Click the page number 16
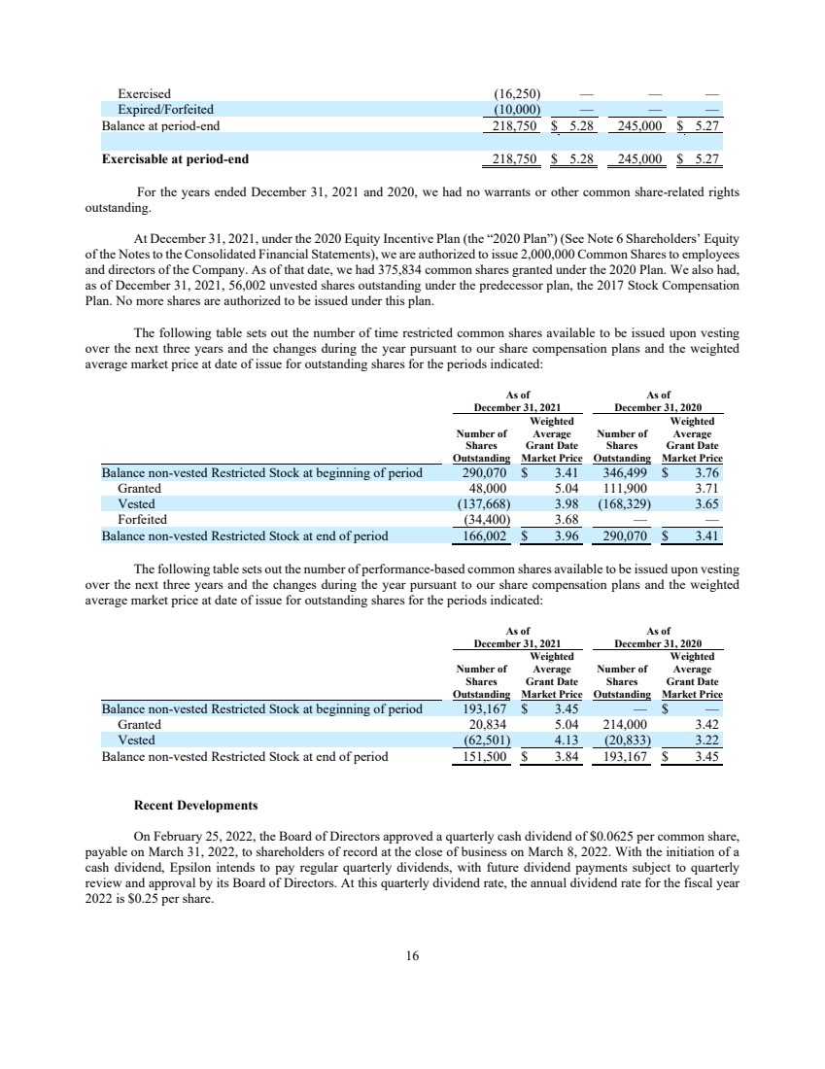tap(412, 956)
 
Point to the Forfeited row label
tap(142, 520)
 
